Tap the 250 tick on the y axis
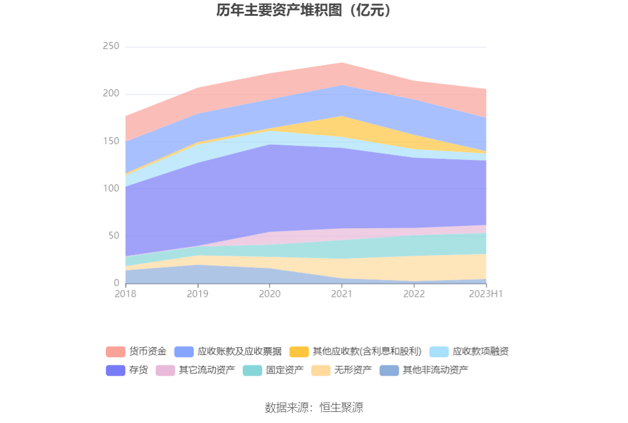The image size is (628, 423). [x=111, y=47]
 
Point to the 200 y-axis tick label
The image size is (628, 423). [x=111, y=94]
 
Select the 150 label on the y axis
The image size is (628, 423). [x=111, y=141]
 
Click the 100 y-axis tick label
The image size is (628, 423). [x=111, y=188]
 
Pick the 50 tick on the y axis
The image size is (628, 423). [x=113, y=236]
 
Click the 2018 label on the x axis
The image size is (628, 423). [x=125, y=293]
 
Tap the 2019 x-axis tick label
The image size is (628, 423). [x=197, y=293]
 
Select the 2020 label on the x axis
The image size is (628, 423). [x=270, y=293]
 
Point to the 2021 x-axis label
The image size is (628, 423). [x=342, y=293]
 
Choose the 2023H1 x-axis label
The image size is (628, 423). [x=486, y=293]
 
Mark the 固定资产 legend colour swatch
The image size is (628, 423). [x=252, y=370]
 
